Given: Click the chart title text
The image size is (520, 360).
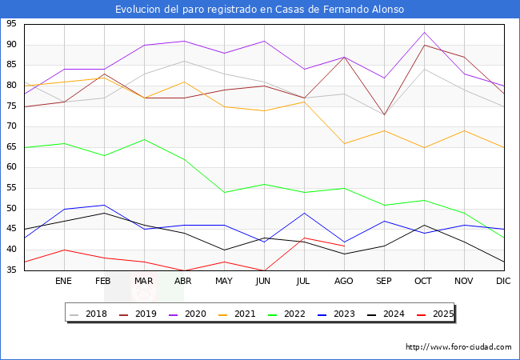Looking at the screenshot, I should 259,10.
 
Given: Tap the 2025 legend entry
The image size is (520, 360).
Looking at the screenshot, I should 439,314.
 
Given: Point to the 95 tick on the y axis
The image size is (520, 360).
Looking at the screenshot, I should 12,24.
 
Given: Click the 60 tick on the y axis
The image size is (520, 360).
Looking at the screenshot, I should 12,167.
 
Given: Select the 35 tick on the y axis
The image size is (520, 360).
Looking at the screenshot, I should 12,270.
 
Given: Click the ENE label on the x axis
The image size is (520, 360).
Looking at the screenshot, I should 63,282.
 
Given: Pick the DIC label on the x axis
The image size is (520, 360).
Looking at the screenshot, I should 503,282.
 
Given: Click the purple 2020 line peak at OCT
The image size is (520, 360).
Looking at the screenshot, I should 423,32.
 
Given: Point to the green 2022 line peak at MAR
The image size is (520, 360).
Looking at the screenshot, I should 144,139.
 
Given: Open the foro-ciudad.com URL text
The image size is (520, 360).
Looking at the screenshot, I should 458,347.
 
